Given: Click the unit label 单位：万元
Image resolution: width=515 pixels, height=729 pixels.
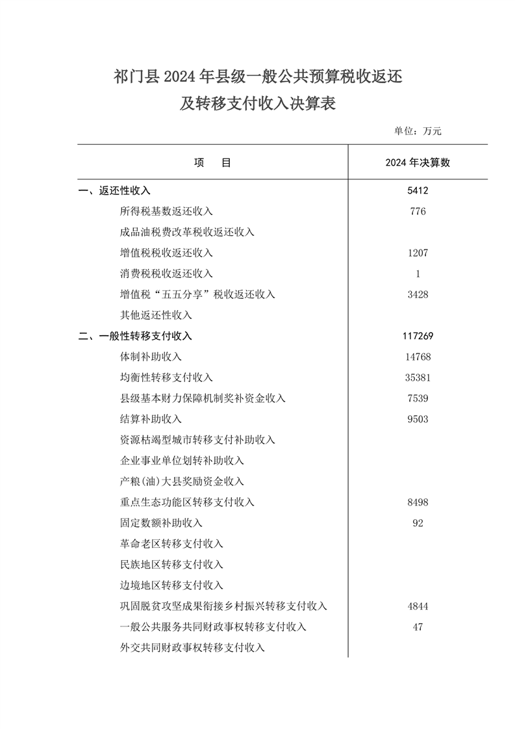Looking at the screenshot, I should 418,131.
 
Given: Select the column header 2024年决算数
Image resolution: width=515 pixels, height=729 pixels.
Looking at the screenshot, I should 418,163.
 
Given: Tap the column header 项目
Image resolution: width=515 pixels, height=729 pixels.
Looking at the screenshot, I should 212,163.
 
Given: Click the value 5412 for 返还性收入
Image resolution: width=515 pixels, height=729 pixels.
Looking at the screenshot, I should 418,190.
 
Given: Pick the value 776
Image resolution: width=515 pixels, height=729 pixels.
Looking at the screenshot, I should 418,211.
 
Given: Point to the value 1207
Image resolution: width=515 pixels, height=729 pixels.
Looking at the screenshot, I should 418,253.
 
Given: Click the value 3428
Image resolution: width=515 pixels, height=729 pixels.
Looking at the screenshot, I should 418,294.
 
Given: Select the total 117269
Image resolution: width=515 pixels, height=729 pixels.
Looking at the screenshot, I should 418,336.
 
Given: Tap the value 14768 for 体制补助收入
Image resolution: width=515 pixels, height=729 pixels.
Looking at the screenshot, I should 418,357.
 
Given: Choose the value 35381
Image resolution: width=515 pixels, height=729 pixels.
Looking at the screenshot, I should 418,377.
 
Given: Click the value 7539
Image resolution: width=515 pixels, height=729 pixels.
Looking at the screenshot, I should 418,398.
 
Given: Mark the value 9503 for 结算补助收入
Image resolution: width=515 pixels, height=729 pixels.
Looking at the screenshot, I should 418,419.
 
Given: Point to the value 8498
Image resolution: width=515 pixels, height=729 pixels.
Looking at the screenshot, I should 418,502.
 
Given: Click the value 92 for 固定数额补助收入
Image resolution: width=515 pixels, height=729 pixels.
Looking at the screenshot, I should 418,523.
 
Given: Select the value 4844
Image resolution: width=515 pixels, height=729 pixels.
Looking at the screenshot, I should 418,606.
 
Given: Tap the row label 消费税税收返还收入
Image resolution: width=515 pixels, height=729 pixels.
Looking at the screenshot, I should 166,274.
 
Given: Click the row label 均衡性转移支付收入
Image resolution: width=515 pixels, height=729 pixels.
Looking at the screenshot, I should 166,377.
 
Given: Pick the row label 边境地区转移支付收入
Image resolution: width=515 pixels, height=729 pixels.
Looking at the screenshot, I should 171,585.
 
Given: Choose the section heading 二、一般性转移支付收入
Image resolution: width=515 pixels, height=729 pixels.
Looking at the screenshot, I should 135,336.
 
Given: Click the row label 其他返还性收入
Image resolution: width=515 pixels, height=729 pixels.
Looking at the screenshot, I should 156,315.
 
